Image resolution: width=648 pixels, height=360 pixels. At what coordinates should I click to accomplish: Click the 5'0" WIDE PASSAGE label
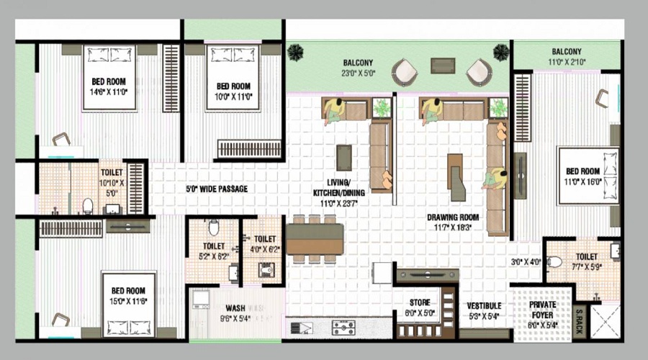tap(217, 189)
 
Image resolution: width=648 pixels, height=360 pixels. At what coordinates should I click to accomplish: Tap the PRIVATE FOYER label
tap(542, 305)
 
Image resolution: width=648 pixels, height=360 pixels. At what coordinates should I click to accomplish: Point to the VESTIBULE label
tap(484, 305)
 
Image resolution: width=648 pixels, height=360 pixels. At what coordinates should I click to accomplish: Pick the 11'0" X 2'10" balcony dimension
tap(567, 63)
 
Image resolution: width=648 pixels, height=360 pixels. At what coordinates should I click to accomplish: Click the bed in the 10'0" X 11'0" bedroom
tap(233, 78)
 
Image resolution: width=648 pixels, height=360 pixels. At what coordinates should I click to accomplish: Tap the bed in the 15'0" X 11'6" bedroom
tap(128, 305)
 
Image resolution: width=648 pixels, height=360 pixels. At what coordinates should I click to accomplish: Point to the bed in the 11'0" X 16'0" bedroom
tap(588, 176)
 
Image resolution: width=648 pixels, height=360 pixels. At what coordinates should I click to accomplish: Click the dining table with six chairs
tap(315, 238)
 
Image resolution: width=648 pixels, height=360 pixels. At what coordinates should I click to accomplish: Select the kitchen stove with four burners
tap(343, 328)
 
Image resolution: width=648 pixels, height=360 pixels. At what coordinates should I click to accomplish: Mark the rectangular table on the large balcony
tap(443, 65)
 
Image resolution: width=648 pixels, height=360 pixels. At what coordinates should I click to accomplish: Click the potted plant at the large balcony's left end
tap(295, 52)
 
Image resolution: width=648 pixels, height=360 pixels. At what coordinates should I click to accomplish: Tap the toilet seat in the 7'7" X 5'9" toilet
tap(554, 262)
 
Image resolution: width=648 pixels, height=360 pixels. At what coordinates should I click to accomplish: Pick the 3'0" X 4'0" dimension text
tap(526, 262)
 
